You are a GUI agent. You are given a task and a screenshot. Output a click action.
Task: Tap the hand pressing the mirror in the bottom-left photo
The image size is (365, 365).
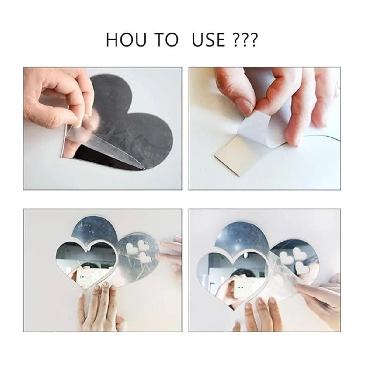coord(99,305)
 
